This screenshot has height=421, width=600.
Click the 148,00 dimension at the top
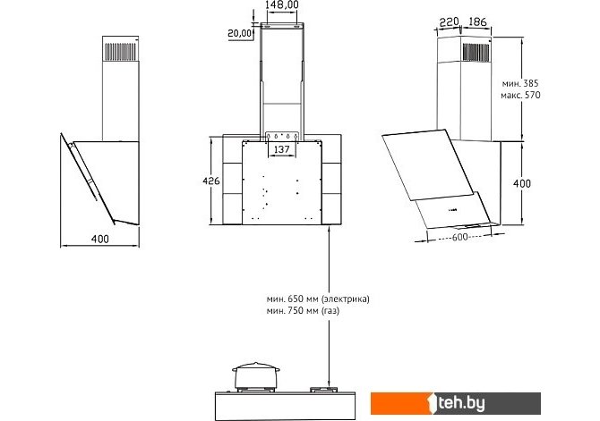[x=281, y=5]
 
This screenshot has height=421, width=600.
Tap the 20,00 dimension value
[x=239, y=33]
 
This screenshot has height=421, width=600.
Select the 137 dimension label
[x=281, y=149]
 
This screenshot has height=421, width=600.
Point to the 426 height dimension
[x=211, y=181]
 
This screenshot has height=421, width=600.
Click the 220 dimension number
[x=449, y=22]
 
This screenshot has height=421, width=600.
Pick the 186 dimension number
[x=477, y=21]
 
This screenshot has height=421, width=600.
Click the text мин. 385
[x=520, y=83]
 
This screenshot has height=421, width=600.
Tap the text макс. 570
[x=520, y=95]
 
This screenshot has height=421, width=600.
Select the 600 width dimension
[x=459, y=237]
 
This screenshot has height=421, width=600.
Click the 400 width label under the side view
[x=100, y=240]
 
